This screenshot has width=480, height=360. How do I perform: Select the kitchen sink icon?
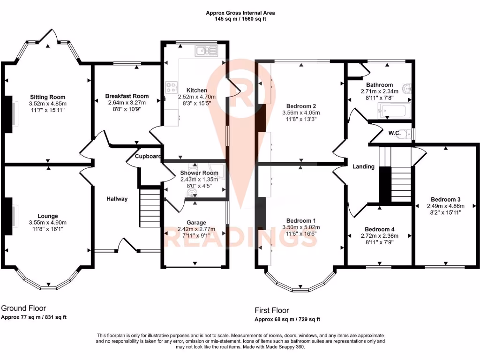point(205,51)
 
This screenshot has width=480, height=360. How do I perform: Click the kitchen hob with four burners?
point(172,86)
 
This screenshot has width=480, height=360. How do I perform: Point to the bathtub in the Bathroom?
point(394,111)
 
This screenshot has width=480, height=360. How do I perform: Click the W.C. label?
point(394,133)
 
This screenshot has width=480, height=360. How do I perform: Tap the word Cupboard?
point(149,157)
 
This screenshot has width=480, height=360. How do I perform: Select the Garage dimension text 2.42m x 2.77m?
point(196,229)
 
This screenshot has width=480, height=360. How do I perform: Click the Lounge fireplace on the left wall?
point(8,216)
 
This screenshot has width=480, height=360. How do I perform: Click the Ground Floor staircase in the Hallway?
point(150,208)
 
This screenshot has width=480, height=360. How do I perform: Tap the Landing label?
point(363,166)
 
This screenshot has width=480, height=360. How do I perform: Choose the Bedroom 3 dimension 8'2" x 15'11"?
point(445,212)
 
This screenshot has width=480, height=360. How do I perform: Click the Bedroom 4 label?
point(380,229)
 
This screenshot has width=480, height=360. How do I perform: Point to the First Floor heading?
point(272,310)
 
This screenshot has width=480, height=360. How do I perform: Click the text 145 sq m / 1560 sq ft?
point(240,20)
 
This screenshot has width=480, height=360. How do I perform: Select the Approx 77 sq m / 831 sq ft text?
point(34,317)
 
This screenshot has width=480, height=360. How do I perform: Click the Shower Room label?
point(196,173)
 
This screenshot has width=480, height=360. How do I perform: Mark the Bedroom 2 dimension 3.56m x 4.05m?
point(301,113)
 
